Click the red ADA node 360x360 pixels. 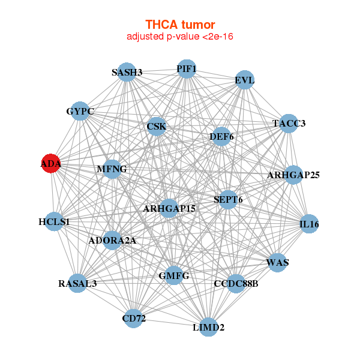(x=51, y=163)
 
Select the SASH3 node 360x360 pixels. (x=127, y=72)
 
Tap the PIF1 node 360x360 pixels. (x=187, y=68)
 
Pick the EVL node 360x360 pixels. (x=245, y=80)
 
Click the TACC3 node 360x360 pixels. (x=289, y=124)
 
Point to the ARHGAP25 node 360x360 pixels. (x=293, y=175)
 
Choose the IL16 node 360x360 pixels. (x=309, y=224)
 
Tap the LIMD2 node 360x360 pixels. (x=208, y=327)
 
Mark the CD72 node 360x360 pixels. (x=134, y=318)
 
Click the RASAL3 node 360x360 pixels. (x=77, y=283)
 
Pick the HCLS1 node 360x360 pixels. (x=54, y=222)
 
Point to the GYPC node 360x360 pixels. (x=80, y=111)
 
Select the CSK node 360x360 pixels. (x=157, y=126)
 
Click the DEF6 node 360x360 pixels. (x=221, y=137)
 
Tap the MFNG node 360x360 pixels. (x=112, y=169)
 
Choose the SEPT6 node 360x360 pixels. (x=228, y=199)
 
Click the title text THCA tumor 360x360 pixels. (x=180, y=25)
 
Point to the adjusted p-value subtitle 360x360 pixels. (x=180, y=37)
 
